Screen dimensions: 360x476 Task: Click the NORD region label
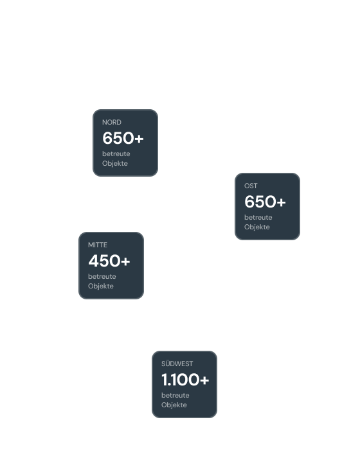click(x=111, y=122)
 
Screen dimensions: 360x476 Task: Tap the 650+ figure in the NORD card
click(x=123, y=138)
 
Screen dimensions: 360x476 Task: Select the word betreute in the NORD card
click(x=116, y=154)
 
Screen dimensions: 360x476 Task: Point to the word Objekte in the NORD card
click(x=115, y=163)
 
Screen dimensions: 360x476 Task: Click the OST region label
click(x=251, y=186)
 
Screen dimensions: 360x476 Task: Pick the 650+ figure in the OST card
click(x=265, y=202)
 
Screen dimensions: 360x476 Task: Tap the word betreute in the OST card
click(x=258, y=217)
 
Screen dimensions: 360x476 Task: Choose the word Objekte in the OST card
click(x=257, y=227)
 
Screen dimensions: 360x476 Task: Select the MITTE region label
click(x=98, y=245)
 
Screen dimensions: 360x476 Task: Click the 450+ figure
click(x=109, y=261)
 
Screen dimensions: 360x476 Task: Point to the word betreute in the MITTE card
click(x=102, y=277)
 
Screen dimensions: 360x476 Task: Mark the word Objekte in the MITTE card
click(x=101, y=286)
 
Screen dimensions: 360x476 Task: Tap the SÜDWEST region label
click(x=177, y=364)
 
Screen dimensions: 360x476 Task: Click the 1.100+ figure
click(x=185, y=380)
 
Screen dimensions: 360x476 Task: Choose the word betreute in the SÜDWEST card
click(x=175, y=395)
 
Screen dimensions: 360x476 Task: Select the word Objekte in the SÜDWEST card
click(x=174, y=405)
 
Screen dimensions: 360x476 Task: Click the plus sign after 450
click(x=125, y=261)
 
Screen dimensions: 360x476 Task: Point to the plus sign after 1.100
click(x=204, y=380)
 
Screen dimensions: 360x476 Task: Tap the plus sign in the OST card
click(x=281, y=202)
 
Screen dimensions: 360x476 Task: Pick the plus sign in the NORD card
click(x=139, y=138)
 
